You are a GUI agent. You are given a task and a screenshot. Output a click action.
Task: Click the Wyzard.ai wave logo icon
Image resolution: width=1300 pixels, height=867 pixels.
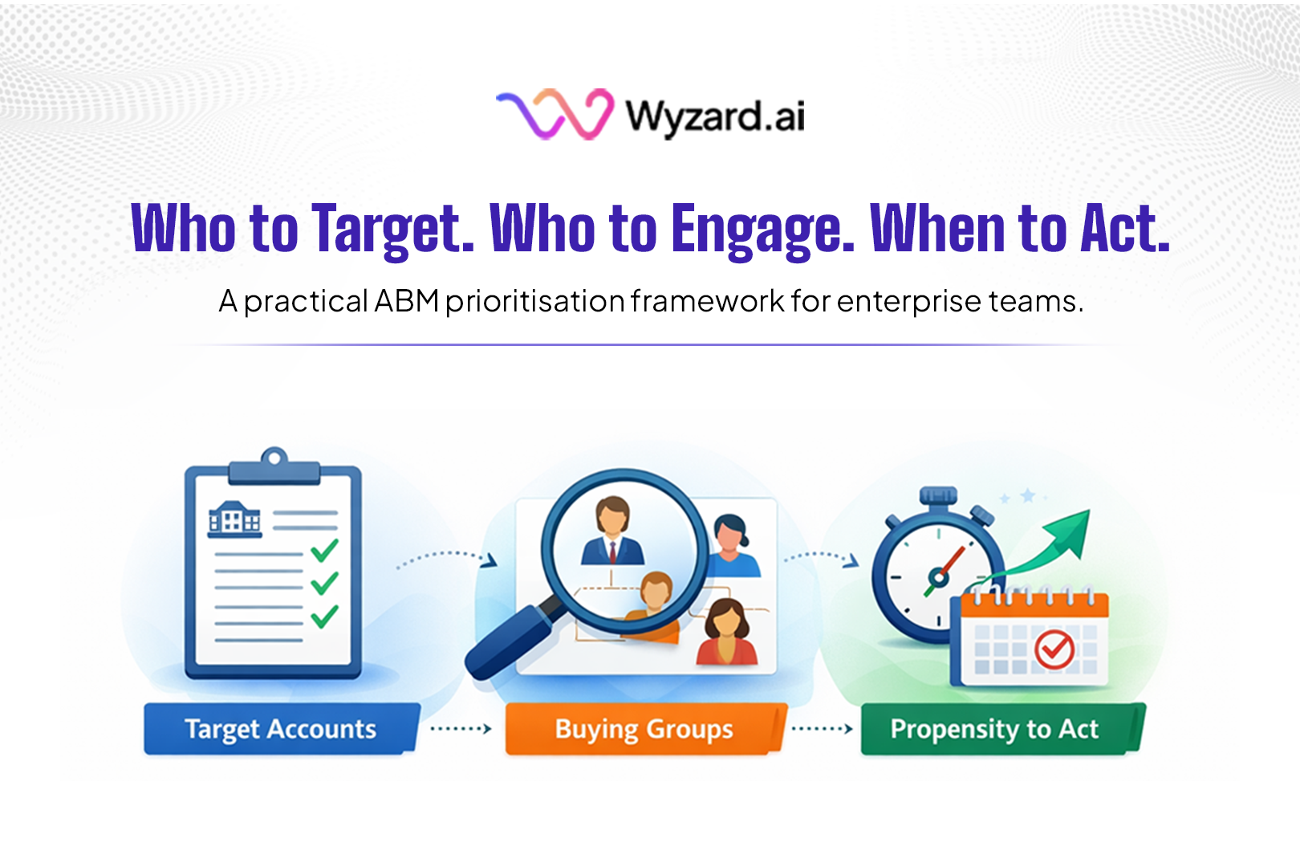click(555, 114)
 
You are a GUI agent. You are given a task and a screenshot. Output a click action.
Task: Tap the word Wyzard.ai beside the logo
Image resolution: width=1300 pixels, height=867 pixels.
click(715, 117)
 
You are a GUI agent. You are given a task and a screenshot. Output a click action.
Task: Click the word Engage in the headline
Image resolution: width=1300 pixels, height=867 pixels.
click(762, 230)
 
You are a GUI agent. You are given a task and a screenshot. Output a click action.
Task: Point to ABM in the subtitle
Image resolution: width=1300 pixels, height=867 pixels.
click(406, 301)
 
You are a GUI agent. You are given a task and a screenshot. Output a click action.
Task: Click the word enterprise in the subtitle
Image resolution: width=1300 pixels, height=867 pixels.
click(908, 302)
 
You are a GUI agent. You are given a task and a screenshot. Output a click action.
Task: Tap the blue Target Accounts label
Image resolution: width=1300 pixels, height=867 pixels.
click(281, 729)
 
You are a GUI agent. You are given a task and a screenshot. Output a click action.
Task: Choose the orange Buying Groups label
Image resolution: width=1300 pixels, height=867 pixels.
click(644, 729)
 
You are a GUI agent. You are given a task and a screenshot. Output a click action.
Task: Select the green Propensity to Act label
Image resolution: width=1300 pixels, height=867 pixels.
click(995, 729)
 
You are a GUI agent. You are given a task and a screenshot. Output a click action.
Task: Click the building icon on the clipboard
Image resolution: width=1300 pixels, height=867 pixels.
click(234, 519)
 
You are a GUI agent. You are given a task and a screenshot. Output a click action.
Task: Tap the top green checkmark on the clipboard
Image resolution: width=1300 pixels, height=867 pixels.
click(324, 550)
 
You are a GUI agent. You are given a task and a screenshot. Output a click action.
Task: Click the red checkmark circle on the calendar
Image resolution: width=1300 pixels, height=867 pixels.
click(1054, 648)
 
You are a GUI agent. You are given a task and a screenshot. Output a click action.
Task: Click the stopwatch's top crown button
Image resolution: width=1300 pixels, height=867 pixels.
click(938, 495)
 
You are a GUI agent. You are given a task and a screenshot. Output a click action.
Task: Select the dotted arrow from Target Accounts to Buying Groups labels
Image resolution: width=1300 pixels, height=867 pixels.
click(461, 729)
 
